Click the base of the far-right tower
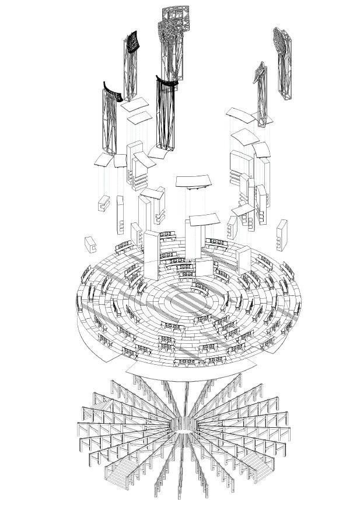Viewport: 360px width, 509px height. [x=286, y=95]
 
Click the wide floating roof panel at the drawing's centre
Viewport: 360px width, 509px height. [x=196, y=180]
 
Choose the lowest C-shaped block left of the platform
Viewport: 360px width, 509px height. [x=91, y=243]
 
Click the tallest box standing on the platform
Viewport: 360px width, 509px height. [x=151, y=256]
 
